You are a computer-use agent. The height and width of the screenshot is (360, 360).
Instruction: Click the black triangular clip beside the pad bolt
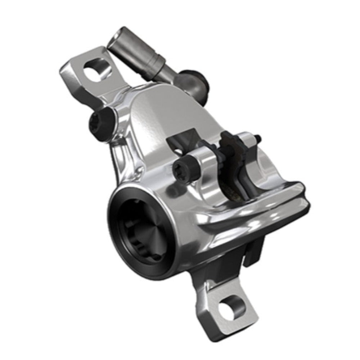[x=181, y=140]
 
